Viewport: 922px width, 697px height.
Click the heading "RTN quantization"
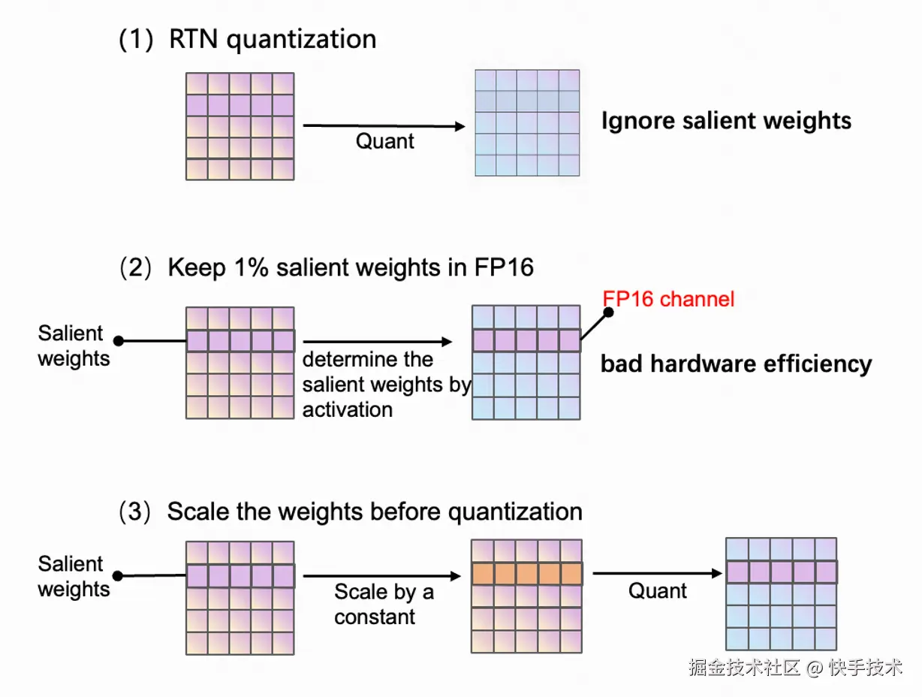click(x=272, y=39)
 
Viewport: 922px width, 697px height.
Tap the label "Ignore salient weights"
click(x=726, y=121)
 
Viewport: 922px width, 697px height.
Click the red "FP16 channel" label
click(x=668, y=299)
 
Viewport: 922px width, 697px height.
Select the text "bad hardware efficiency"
click(x=736, y=364)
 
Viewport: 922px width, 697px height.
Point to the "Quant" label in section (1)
click(x=384, y=141)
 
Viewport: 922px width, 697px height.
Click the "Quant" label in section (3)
click(x=658, y=591)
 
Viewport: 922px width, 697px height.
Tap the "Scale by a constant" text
click(x=384, y=604)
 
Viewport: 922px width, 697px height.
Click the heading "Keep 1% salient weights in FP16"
click(x=351, y=268)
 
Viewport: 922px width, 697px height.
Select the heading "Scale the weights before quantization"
click(x=374, y=511)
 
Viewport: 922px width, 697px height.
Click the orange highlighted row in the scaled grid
click(x=526, y=575)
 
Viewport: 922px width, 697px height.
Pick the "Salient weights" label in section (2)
click(x=74, y=346)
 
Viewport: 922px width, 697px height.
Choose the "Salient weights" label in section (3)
click(x=74, y=576)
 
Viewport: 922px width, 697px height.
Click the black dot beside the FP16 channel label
click(x=609, y=312)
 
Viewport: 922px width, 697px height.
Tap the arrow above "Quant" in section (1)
click(x=384, y=127)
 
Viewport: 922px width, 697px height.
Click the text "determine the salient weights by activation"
click(x=386, y=385)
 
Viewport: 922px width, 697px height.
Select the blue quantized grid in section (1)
click(x=527, y=123)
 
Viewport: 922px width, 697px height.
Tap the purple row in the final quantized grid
click(x=782, y=572)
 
